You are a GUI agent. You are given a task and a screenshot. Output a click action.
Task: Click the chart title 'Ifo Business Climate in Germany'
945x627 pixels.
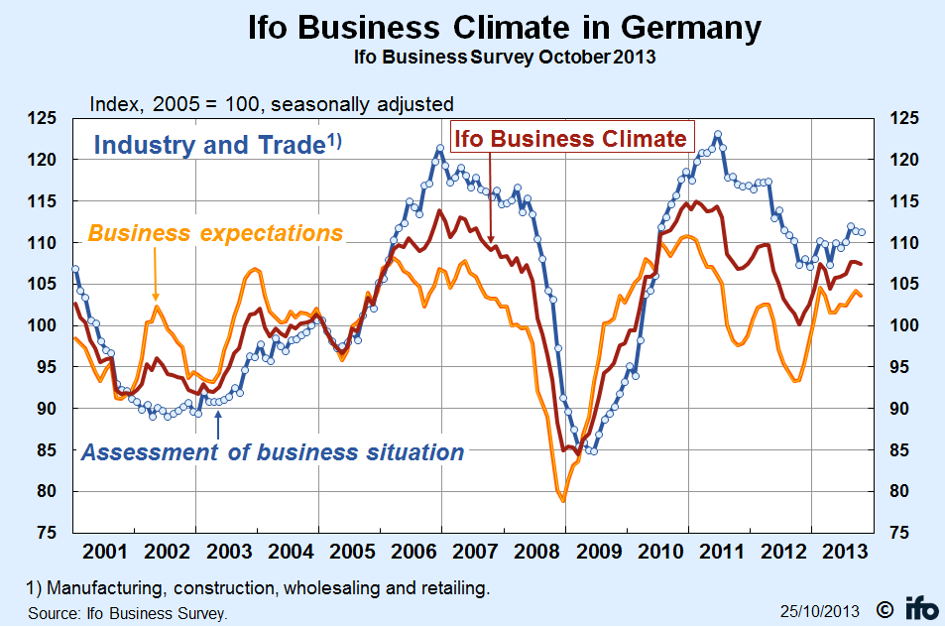(x=505, y=28)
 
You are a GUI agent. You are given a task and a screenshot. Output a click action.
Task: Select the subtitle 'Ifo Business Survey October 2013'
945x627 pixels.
(x=505, y=57)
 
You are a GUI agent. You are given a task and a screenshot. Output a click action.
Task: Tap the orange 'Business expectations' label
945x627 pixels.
(x=215, y=234)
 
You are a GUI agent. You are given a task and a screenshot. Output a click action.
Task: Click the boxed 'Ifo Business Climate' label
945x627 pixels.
(x=570, y=138)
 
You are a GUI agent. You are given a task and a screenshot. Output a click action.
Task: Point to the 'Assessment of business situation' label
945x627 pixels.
(x=272, y=452)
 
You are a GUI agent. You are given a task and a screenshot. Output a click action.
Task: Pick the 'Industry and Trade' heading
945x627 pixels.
(x=216, y=145)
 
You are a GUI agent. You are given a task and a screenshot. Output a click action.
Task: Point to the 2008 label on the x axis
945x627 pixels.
(x=532, y=551)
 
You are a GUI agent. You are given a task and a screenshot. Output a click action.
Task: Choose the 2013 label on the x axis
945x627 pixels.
(x=839, y=551)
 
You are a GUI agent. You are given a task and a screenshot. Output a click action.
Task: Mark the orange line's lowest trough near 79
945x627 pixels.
(x=563, y=501)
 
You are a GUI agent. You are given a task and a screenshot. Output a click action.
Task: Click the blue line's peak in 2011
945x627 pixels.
(x=717, y=134)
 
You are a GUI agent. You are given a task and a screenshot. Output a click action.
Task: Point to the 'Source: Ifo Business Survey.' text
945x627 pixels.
(x=128, y=613)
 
